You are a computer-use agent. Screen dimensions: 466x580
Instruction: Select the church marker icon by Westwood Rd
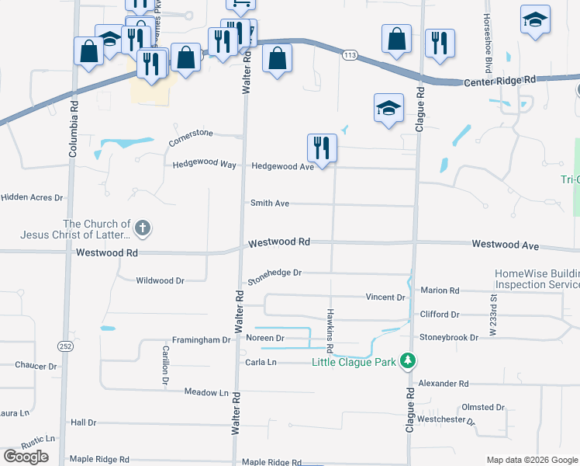coord(142,228)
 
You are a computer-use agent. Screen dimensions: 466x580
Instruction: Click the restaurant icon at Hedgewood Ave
coord(321,147)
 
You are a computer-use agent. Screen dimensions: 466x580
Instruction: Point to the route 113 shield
coord(350,55)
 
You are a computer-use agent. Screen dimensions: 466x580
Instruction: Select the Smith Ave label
coord(270,203)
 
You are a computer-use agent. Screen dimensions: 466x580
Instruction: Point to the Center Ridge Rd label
coord(499,80)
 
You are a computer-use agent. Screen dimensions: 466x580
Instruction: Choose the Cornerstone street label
coord(191,138)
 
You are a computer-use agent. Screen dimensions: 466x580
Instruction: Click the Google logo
coord(26,457)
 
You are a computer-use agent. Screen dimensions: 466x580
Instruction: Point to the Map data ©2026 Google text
coord(530,459)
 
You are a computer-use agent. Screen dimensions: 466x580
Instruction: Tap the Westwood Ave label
coord(505,245)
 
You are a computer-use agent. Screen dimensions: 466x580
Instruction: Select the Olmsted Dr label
coord(483,407)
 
